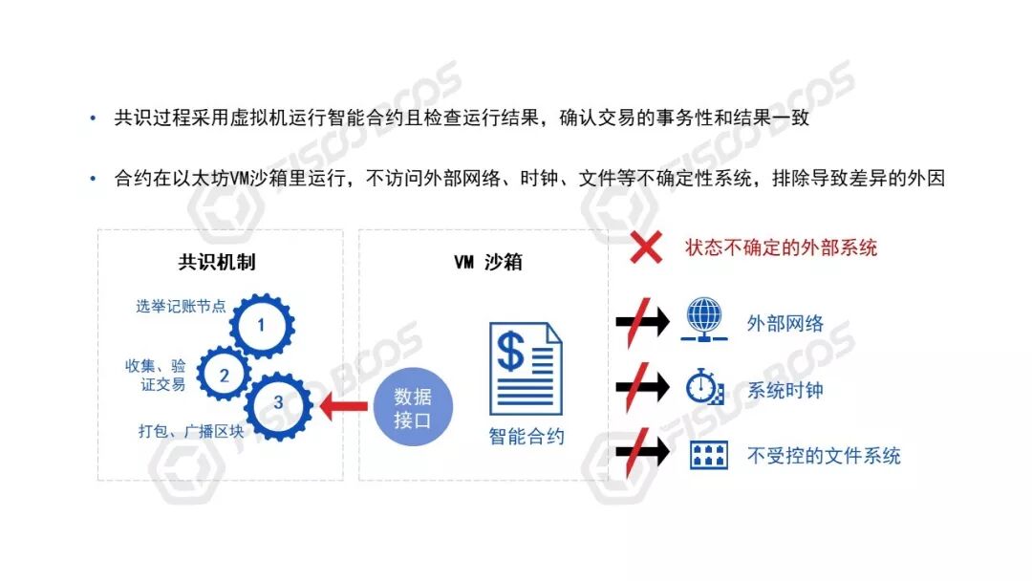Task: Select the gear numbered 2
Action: tap(225, 376)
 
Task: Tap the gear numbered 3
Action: tap(278, 403)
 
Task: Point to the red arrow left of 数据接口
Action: tap(344, 408)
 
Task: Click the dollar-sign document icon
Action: tap(526, 368)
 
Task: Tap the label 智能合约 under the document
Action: tap(526, 437)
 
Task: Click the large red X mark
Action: tap(647, 248)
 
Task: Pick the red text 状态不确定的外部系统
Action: tap(781, 248)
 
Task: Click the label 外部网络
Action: tap(785, 323)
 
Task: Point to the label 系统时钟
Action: tap(785, 390)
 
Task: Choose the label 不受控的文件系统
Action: tap(824, 456)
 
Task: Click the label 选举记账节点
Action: tap(181, 307)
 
